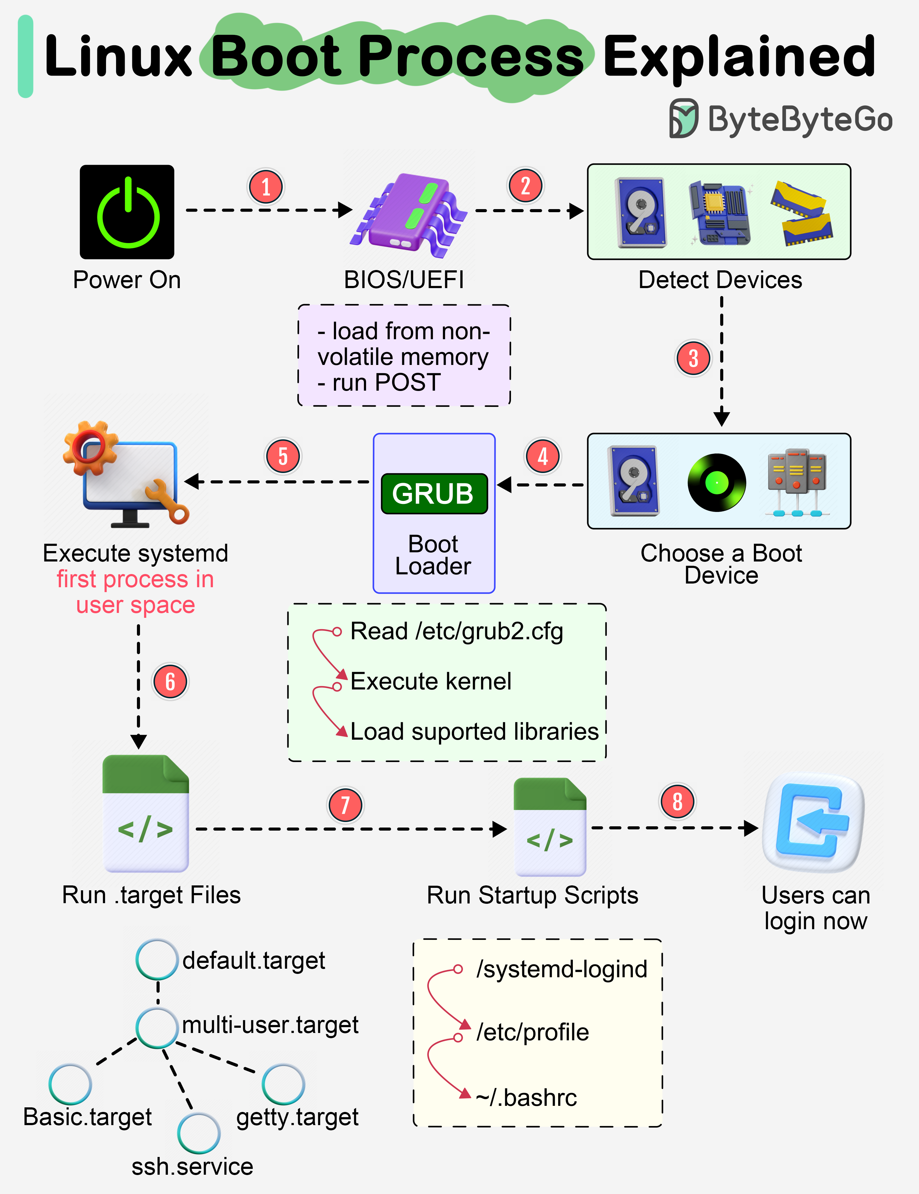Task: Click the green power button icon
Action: [127, 212]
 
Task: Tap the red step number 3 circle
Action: [693, 359]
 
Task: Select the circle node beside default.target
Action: [157, 959]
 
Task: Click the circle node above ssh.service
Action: [199, 1133]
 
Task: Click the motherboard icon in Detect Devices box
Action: [719, 213]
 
